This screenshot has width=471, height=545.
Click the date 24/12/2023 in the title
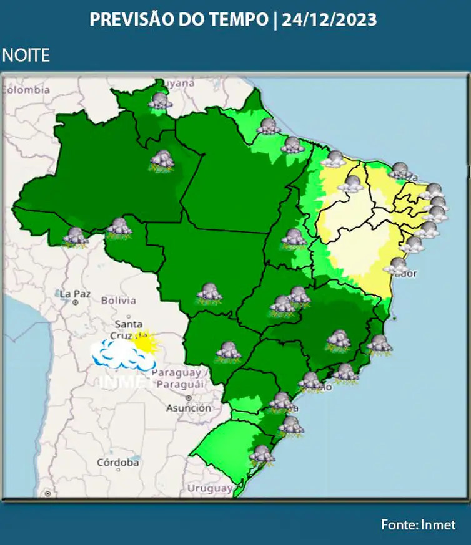pyautogui.click(x=329, y=20)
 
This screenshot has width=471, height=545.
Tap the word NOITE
pyautogui.click(x=26, y=55)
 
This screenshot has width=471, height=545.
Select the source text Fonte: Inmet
pyautogui.click(x=419, y=525)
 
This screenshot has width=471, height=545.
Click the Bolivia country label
pyautogui.click(x=118, y=301)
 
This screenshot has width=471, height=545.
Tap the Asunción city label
pyautogui.click(x=188, y=408)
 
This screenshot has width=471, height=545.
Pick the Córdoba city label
pyautogui.click(x=117, y=463)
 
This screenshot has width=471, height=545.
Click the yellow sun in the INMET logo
pyautogui.click(x=146, y=342)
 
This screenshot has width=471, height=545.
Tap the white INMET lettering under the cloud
pyautogui.click(x=122, y=380)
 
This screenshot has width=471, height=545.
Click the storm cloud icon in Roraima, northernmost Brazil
pyautogui.click(x=161, y=101)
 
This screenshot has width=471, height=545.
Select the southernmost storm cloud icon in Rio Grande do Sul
pyautogui.click(x=262, y=455)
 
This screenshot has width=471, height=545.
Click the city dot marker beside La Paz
pyautogui.click(x=75, y=302)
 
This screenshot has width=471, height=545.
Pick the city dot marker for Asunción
pyautogui.click(x=188, y=397)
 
